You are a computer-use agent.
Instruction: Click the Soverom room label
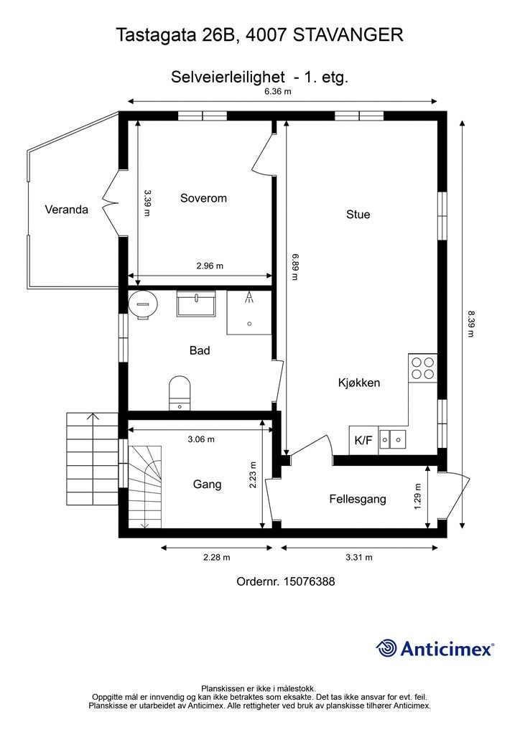pyautogui.click(x=203, y=198)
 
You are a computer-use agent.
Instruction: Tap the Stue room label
pyautogui.click(x=358, y=214)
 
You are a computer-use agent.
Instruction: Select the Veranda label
pyautogui.click(x=67, y=210)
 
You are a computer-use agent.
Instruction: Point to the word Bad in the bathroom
pyautogui.click(x=200, y=350)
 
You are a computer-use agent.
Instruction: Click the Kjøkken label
pyautogui.click(x=359, y=383)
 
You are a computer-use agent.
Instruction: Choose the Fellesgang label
pyautogui.click(x=358, y=499)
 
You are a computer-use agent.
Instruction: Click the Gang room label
pyautogui.click(x=208, y=484)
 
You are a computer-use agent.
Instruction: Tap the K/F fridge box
pyautogui.click(x=363, y=440)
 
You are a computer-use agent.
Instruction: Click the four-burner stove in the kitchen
pyautogui.click(x=422, y=368)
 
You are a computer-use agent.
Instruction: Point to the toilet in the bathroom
pyautogui.click(x=180, y=393)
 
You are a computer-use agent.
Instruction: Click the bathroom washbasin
pyautogui.click(x=196, y=304)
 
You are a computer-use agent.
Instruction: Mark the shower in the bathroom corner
pyautogui.click(x=249, y=312)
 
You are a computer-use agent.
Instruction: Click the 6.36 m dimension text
pyautogui.click(x=278, y=91)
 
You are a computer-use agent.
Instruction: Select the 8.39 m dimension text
pyautogui.click(x=470, y=324)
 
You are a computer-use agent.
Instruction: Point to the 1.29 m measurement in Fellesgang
pyautogui.click(x=418, y=497)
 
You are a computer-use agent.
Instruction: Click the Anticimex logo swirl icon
pyautogui.click(x=386, y=648)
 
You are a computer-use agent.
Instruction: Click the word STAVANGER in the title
pyautogui.click(x=348, y=35)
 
